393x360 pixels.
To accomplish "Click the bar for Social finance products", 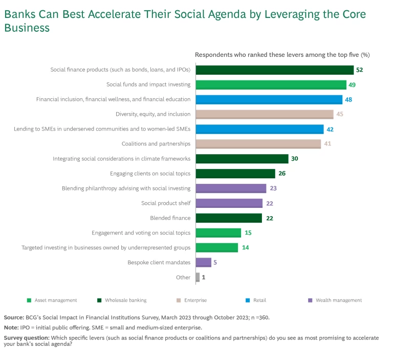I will coord(274,70).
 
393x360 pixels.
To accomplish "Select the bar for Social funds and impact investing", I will coord(271,84).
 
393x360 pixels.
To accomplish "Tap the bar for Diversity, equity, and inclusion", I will coord(264,114).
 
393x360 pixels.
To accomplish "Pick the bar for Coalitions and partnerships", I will coord(258,144).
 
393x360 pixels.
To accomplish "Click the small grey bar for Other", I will coord(198,277).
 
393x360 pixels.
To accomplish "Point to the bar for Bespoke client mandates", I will coord(203,262).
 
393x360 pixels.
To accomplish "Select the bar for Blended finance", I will coord(229,218).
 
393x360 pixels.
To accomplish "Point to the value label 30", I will coord(295,159).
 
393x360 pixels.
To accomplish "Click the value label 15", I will coord(248,233).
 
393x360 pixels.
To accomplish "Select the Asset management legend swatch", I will coord(29,301).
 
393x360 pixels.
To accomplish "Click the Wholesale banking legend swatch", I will coord(99,301).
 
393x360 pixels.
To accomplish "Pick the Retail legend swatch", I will coord(247,301).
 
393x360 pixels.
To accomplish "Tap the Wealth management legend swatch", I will coord(310,301).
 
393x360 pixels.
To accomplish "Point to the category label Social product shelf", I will coord(166,203).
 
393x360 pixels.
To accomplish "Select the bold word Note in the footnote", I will coord(11,328).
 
